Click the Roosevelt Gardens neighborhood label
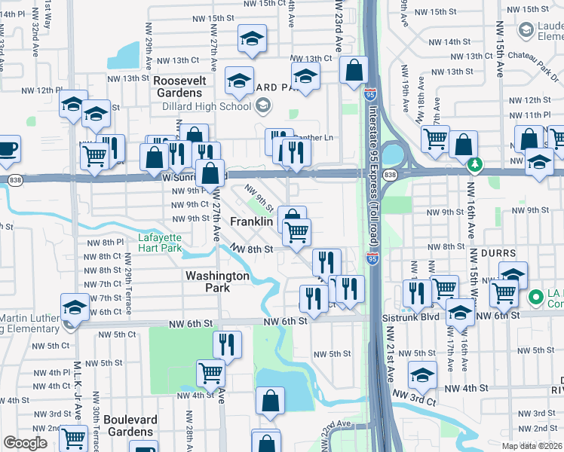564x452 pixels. pyautogui.click(x=178, y=86)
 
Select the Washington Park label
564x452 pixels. pyautogui.click(x=218, y=282)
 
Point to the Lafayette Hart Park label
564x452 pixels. pyautogui.click(x=160, y=243)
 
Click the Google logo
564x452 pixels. pyautogui.click(x=25, y=443)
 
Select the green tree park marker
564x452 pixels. pyautogui.click(x=474, y=163)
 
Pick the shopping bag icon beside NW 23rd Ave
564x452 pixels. pyautogui.click(x=353, y=72)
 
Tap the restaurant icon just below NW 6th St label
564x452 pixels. pyautogui.click(x=226, y=344)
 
